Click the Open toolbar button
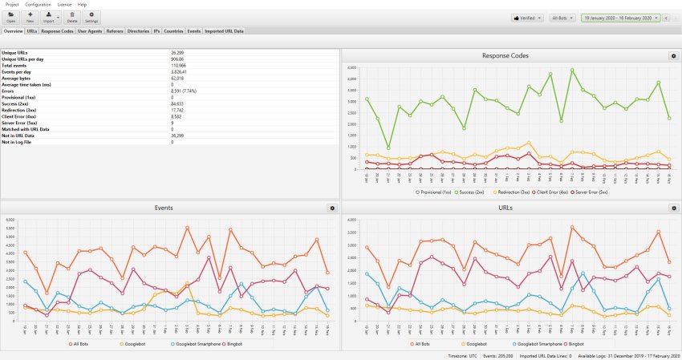[x=11, y=17]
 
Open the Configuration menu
[x=38, y=5]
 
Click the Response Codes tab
[x=58, y=31]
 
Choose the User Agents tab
[x=90, y=31]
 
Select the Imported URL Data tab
[x=225, y=31]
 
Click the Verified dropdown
[x=527, y=17]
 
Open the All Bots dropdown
[x=565, y=17]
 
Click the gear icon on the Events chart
[x=332, y=208]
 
